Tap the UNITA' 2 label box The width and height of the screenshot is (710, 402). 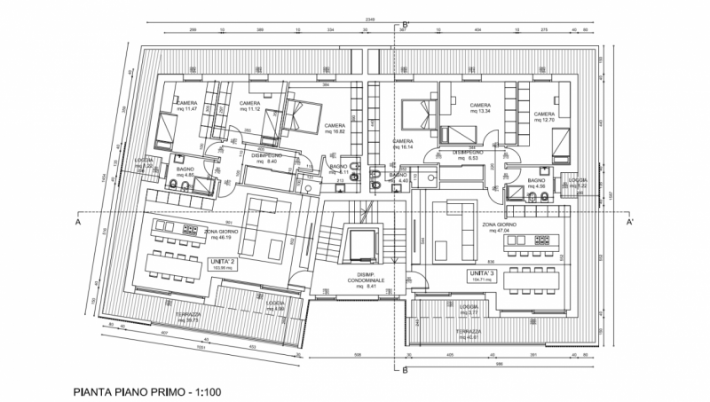[223, 264]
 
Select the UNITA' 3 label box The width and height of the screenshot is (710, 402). [482, 276]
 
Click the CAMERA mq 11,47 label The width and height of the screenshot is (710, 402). [186, 106]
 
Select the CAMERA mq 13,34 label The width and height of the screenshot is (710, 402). [479, 108]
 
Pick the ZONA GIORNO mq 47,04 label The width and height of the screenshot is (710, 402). [501, 229]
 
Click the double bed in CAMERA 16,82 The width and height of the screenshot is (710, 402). [304, 114]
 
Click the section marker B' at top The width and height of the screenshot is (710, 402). [405, 26]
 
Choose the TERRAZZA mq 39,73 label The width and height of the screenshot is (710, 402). [188, 317]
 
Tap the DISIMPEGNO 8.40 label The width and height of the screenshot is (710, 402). [265, 159]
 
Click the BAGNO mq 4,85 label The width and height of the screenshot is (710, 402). [185, 171]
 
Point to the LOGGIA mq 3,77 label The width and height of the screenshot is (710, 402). [469, 311]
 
